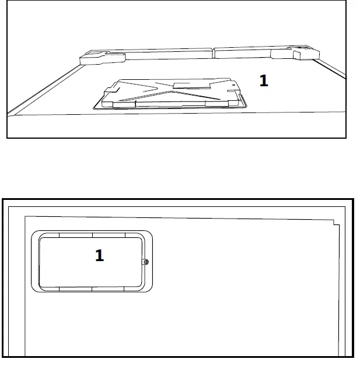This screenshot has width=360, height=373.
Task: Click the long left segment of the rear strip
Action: point(170,55)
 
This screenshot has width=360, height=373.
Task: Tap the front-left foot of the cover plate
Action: point(108,105)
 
